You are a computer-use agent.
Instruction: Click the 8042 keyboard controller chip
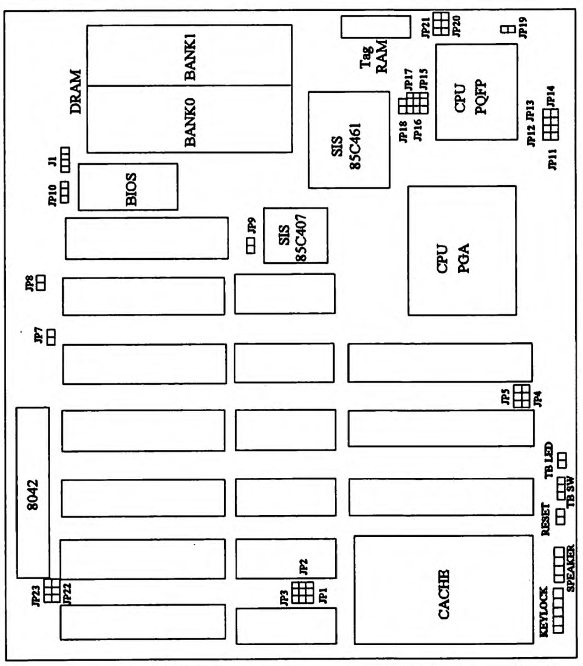[33, 492]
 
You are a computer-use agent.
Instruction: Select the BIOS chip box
[128, 187]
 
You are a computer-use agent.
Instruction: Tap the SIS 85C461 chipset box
[348, 140]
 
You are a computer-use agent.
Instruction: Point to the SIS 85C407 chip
[295, 235]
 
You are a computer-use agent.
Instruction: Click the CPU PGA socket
[462, 251]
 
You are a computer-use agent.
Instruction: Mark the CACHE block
[443, 590]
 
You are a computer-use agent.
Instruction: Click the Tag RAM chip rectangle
[376, 27]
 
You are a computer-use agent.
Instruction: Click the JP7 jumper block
[51, 338]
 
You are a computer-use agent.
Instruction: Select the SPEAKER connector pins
[559, 561]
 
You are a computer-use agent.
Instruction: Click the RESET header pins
[561, 517]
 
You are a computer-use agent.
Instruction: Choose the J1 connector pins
[65, 159]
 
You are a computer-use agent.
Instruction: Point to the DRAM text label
[75, 92]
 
